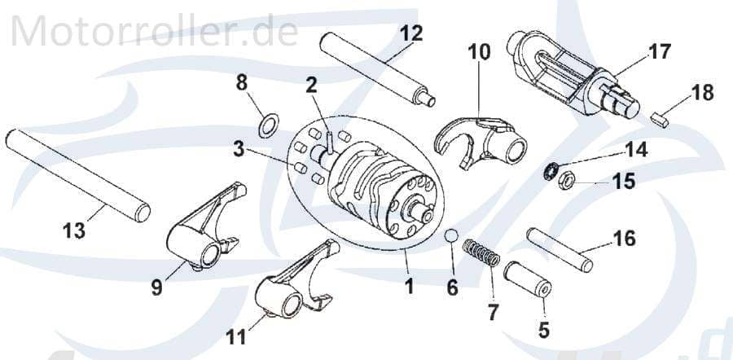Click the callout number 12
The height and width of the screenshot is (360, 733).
(411, 33)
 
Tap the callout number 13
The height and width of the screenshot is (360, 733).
(73, 231)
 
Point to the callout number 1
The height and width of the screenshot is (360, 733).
(409, 286)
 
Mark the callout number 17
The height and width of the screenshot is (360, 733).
(660, 52)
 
